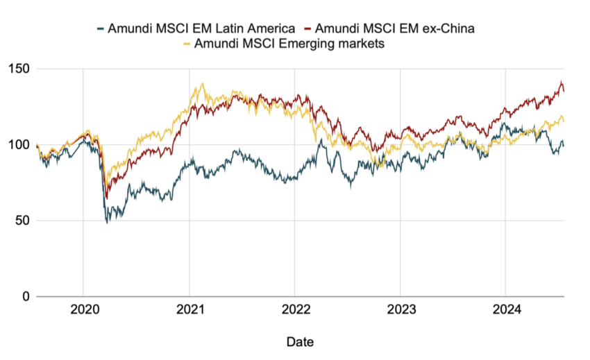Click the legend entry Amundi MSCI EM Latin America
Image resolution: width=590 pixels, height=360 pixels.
pyautogui.click(x=201, y=28)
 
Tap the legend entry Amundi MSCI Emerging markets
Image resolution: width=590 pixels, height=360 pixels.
pyautogui.click(x=289, y=44)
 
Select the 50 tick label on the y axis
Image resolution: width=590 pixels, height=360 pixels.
pyautogui.click(x=22, y=221)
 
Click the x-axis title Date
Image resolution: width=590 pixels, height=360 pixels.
pyautogui.click(x=300, y=342)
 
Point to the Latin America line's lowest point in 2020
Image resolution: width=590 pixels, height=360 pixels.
pyautogui.click(x=107, y=222)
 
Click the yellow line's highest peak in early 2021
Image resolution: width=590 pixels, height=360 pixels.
pyautogui.click(x=202, y=84)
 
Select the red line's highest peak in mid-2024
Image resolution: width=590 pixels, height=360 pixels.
pyautogui.click(x=561, y=82)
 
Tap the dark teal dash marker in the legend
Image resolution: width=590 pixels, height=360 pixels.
pyautogui.click(x=101, y=28)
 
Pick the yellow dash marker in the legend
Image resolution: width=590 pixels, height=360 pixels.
pyautogui.click(x=186, y=44)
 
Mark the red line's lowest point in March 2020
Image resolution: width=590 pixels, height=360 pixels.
pyautogui.click(x=106, y=198)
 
